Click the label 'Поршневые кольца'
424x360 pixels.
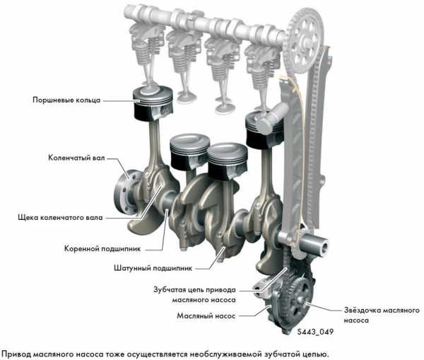[66, 100]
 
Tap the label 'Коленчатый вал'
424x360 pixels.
[76, 158]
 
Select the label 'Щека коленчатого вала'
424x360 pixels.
[60, 218]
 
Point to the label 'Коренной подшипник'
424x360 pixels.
[102, 249]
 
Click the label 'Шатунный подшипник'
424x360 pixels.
[153, 268]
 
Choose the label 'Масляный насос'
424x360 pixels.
[206, 316]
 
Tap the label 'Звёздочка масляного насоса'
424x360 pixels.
[382, 315]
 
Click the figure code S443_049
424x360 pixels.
[315, 332]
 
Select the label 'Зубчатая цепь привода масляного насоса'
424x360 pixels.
[194, 295]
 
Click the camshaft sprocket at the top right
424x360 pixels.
[303, 41]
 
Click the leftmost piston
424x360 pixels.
[153, 104]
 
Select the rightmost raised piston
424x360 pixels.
[264, 130]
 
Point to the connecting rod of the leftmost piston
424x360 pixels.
[154, 151]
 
